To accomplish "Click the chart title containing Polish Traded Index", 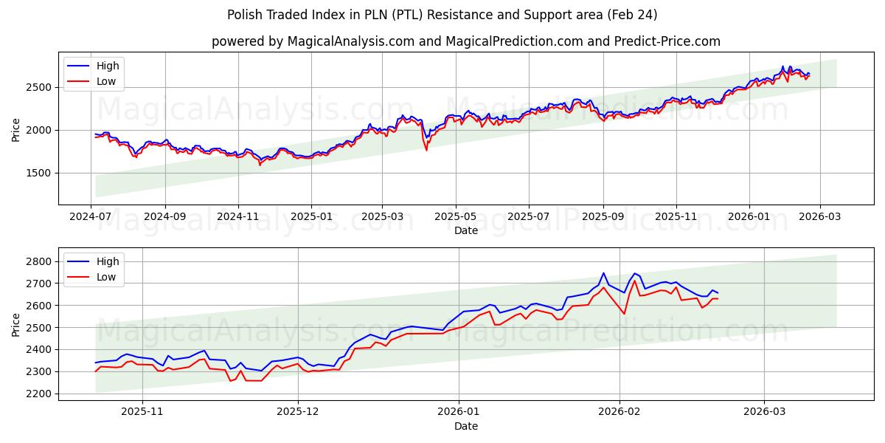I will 442,15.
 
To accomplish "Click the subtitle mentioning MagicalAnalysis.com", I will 465,41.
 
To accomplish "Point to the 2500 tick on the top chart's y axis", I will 39,87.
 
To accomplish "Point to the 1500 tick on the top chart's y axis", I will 39,173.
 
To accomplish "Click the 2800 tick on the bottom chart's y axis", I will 39,261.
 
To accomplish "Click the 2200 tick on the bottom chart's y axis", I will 39,394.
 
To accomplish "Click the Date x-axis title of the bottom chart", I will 465,426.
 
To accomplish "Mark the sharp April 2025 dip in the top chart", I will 426,149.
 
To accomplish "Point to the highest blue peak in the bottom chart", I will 603,273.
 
